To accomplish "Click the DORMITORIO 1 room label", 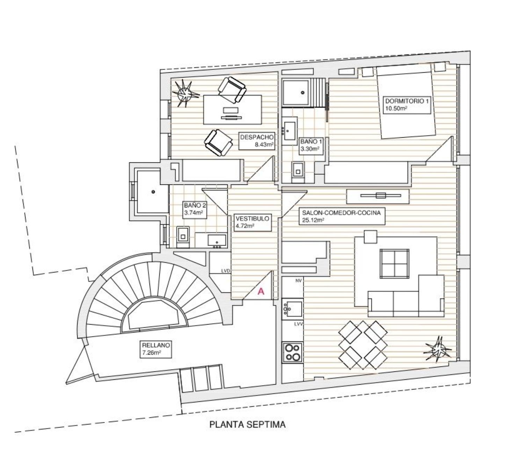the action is coord(406,104).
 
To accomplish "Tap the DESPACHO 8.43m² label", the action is coord(257,141).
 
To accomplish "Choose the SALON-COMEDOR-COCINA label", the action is coord(342,216).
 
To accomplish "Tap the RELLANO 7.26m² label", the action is coord(156,349).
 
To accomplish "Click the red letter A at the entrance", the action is coord(261,291).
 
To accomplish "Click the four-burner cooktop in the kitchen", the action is coord(292,352).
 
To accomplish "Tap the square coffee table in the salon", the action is coord(394,263).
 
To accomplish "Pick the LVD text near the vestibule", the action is coord(226,271).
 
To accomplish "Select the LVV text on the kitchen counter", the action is coord(298,324).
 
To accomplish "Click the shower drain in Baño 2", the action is coord(153,191).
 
